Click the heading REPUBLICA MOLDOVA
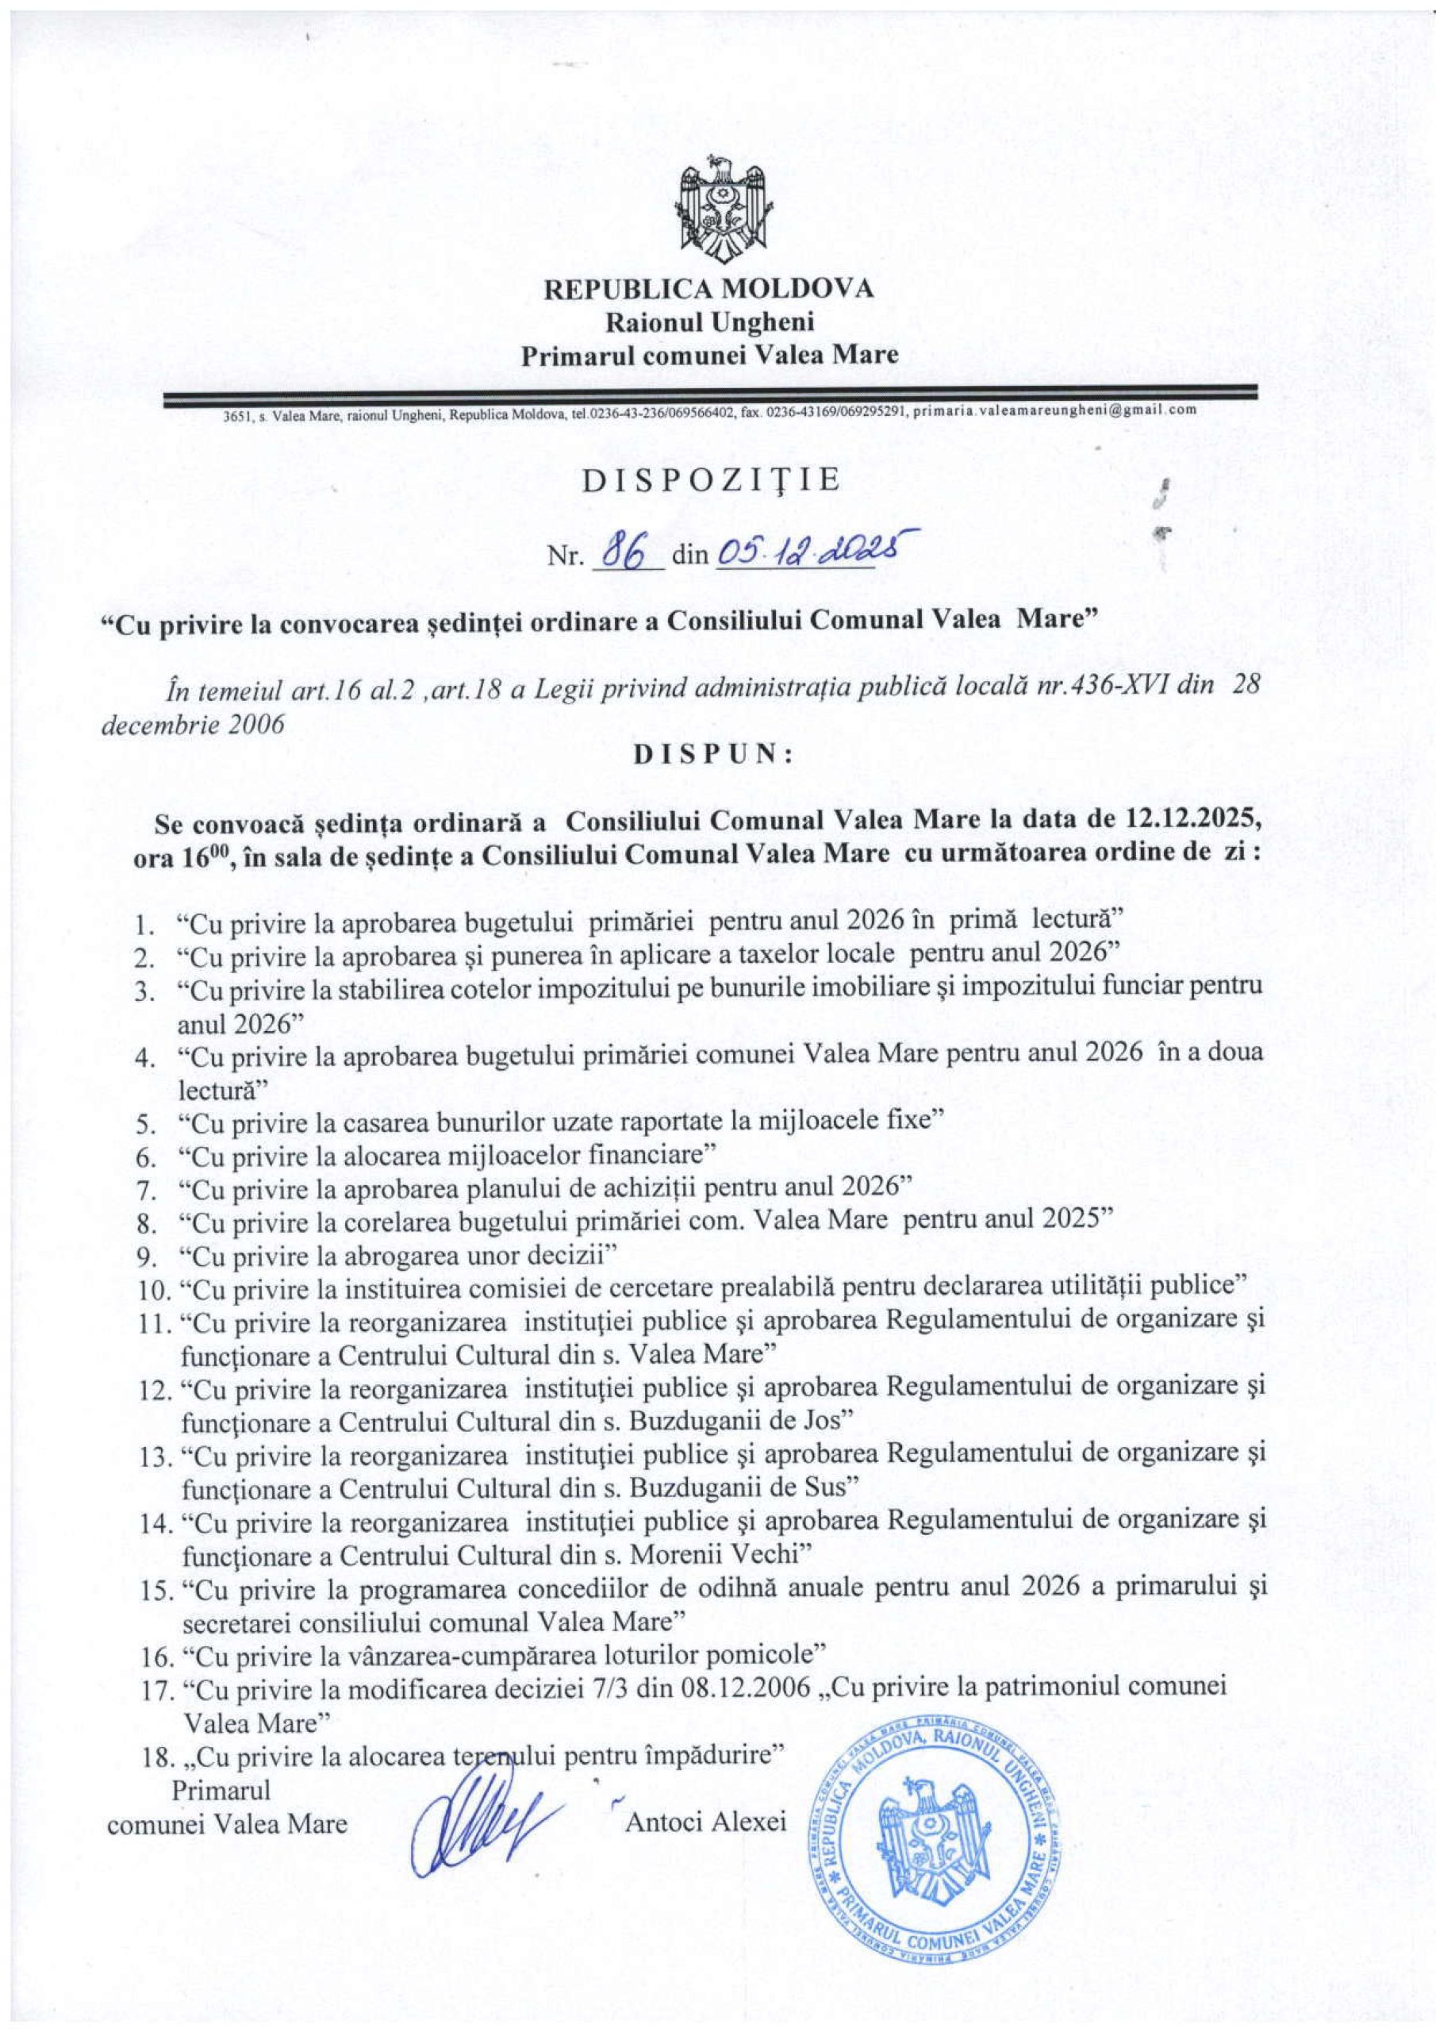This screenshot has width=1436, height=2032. [x=708, y=290]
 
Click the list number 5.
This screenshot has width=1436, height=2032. [x=145, y=1125]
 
